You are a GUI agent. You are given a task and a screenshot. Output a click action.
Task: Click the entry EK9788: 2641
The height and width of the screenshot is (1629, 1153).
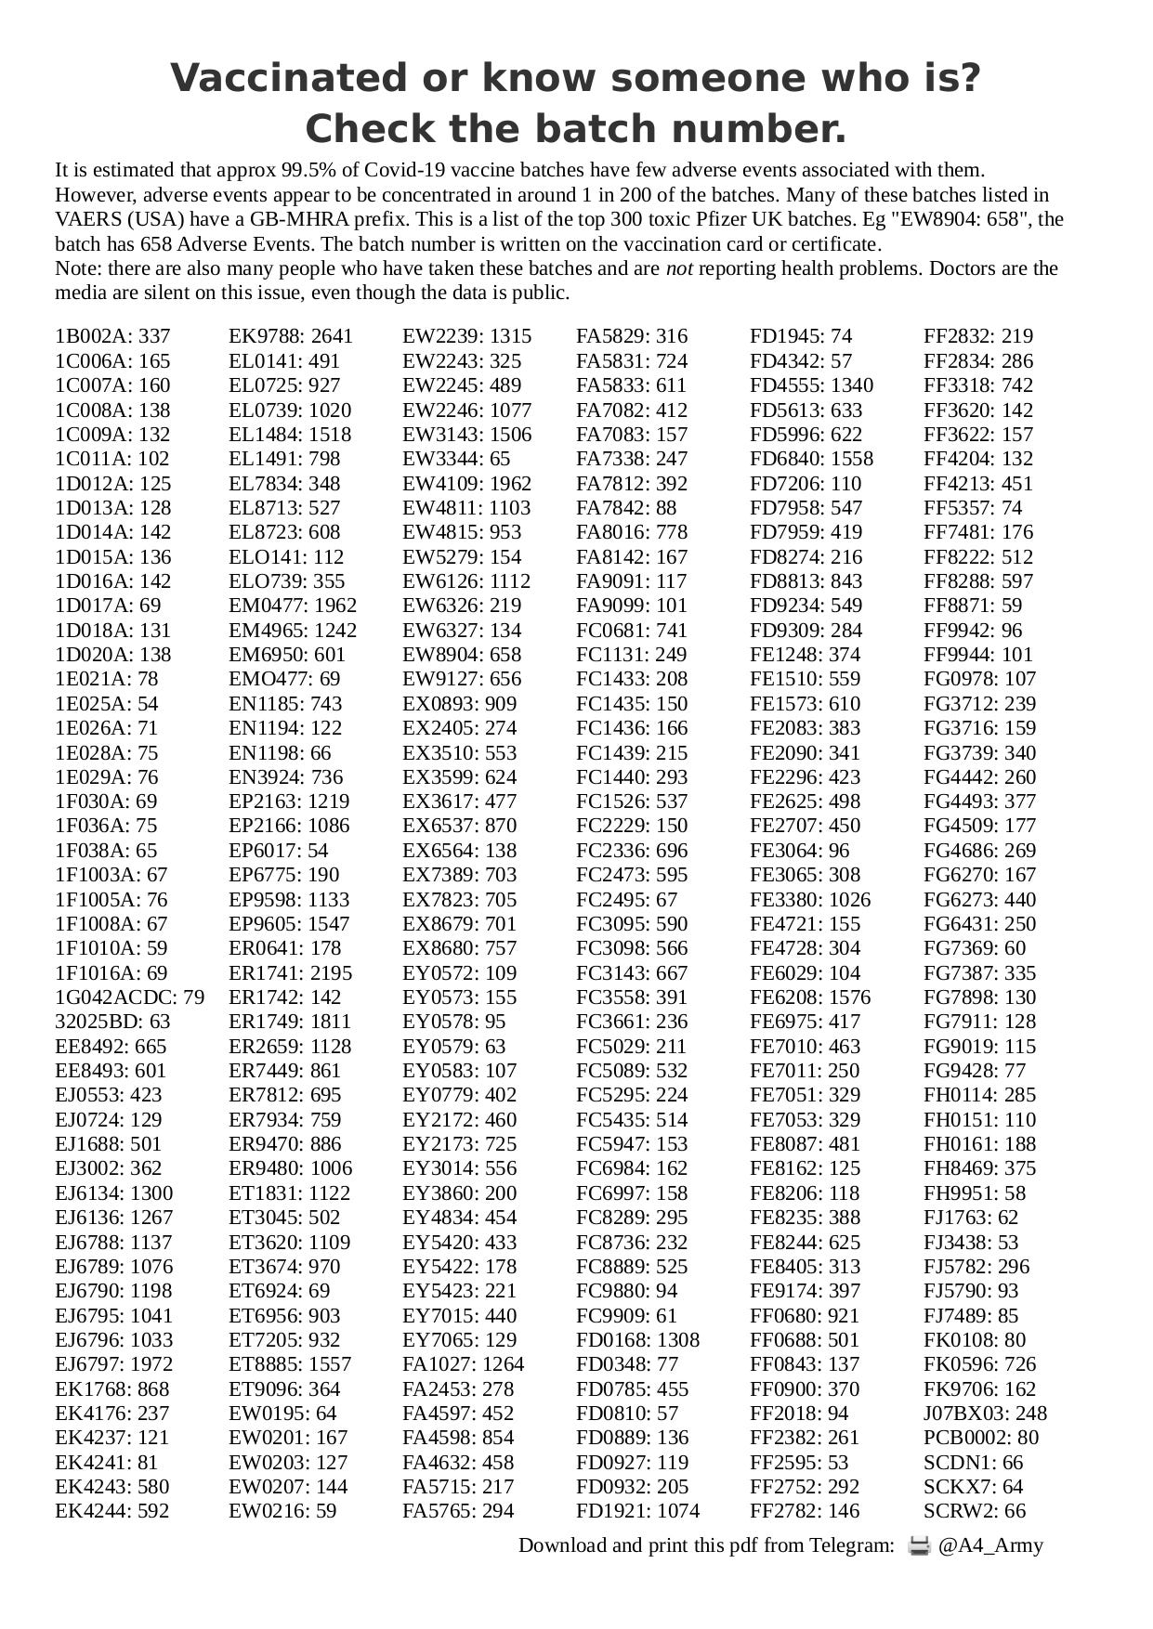pyautogui.click(x=291, y=336)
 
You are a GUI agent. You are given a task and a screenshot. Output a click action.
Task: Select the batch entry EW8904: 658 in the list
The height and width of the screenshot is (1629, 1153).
pyautogui.click(x=462, y=655)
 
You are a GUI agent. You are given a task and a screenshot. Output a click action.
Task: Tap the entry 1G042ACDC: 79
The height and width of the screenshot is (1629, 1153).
pyautogui.click(x=129, y=997)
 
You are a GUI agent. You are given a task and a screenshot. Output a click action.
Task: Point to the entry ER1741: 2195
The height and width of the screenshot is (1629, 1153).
pyautogui.click(x=291, y=973)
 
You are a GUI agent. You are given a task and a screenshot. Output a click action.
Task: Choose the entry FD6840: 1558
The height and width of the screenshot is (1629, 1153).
pyautogui.click(x=811, y=459)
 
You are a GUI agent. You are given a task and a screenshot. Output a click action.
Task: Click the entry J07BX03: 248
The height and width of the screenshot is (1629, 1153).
pyautogui.click(x=985, y=1414)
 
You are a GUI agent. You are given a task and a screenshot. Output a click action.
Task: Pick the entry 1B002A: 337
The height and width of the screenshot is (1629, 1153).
pyautogui.click(x=112, y=336)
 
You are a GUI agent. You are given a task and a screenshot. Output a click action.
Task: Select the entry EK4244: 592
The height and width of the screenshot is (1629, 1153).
pyautogui.click(x=112, y=1511)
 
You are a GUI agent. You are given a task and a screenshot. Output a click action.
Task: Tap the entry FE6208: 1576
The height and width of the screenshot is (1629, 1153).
pyautogui.click(x=810, y=997)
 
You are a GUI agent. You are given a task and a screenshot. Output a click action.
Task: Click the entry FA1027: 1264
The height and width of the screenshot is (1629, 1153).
pyautogui.click(x=463, y=1364)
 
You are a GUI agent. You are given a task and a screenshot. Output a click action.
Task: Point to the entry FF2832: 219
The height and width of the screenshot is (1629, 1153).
pyautogui.click(x=978, y=336)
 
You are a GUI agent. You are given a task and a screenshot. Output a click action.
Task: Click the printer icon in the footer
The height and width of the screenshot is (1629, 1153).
pyautogui.click(x=919, y=1546)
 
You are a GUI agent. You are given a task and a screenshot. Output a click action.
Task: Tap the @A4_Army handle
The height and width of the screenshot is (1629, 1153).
pyautogui.click(x=990, y=1546)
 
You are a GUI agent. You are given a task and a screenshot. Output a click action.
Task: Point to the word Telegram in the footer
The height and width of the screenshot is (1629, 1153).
pyautogui.click(x=851, y=1546)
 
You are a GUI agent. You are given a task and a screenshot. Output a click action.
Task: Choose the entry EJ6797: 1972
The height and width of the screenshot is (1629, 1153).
pyautogui.click(x=114, y=1364)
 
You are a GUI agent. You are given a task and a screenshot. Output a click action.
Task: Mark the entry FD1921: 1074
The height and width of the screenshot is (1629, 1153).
pyautogui.click(x=637, y=1511)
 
